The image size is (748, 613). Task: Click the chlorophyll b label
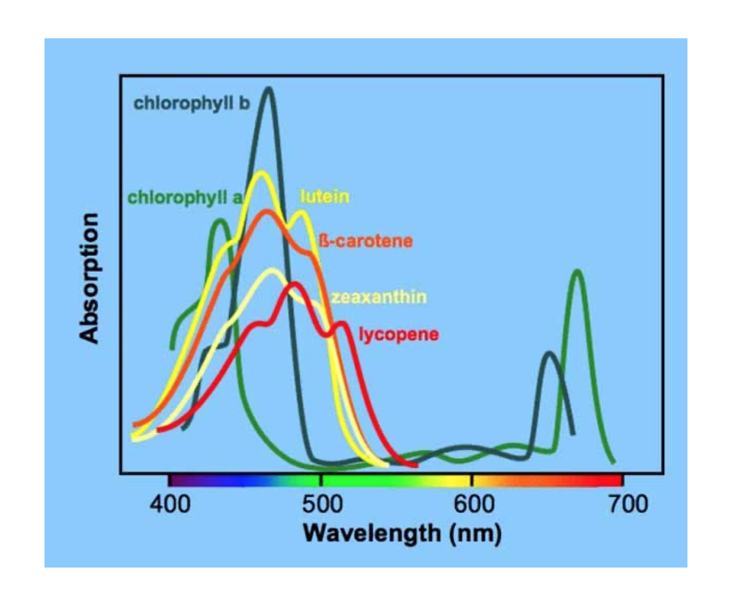[191, 103]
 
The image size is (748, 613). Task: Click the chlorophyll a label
[184, 197]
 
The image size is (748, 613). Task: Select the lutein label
[324, 196]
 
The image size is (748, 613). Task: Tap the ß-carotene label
[365, 241]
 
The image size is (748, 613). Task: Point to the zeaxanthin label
[378, 297]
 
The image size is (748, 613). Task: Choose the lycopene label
[399, 334]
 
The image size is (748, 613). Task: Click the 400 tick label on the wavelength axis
[170, 505]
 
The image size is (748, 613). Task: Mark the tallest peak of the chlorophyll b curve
[268, 89]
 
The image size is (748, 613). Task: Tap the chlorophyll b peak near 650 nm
[549, 355]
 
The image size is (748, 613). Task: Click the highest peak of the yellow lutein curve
[261, 173]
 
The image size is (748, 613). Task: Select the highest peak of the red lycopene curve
[294, 284]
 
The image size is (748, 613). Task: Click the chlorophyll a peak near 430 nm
[218, 221]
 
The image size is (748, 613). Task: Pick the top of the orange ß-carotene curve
[265, 211]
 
